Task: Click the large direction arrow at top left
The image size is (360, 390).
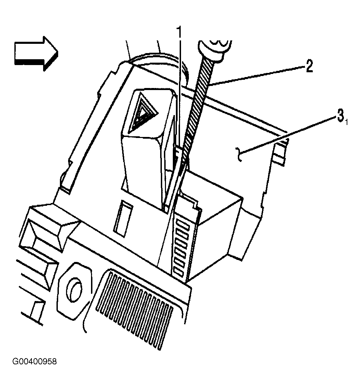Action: coord(36,54)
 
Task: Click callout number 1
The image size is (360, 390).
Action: coord(180,32)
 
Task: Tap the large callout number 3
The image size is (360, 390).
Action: coord(340,116)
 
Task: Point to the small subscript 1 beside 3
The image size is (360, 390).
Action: coord(346,122)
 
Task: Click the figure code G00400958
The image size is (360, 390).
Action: coord(35,361)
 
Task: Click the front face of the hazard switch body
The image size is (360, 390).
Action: coord(142,169)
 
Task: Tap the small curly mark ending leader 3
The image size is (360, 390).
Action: coord(239,154)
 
